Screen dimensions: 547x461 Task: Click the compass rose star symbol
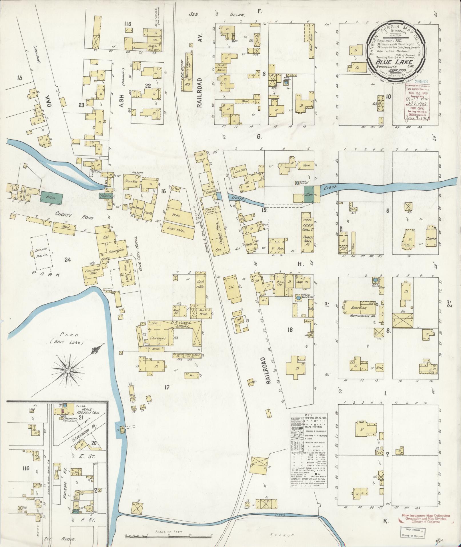[68, 371]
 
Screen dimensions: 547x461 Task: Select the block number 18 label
[290, 330]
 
